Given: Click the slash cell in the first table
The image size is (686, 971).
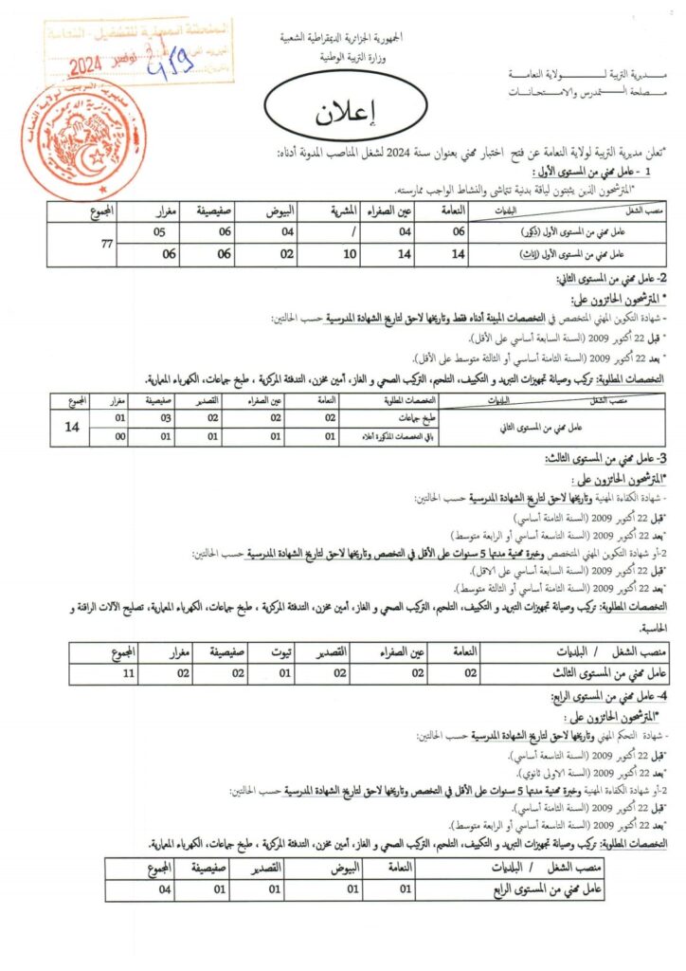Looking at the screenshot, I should (x=352, y=232).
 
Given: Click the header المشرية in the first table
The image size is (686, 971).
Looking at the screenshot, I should (x=352, y=210).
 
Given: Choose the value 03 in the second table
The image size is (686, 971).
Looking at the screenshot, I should (x=164, y=417).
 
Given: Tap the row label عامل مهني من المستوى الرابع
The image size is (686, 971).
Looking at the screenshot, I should (x=552, y=890).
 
